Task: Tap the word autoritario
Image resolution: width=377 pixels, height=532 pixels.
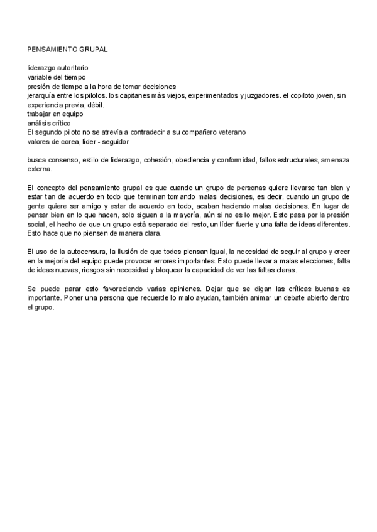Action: coord(72,67)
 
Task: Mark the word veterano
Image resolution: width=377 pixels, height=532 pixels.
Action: coord(230,133)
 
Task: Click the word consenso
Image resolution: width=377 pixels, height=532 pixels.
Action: coord(65,161)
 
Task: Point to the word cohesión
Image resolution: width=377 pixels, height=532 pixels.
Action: coord(158,161)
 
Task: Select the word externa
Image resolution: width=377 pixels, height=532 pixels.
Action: coord(40,169)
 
